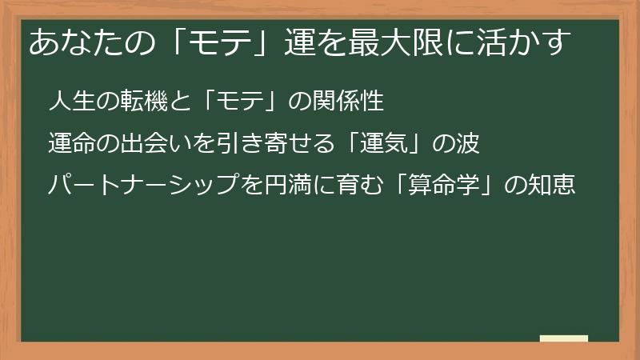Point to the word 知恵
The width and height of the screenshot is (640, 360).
coord(554,186)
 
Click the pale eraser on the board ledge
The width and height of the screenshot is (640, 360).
coord(563,338)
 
